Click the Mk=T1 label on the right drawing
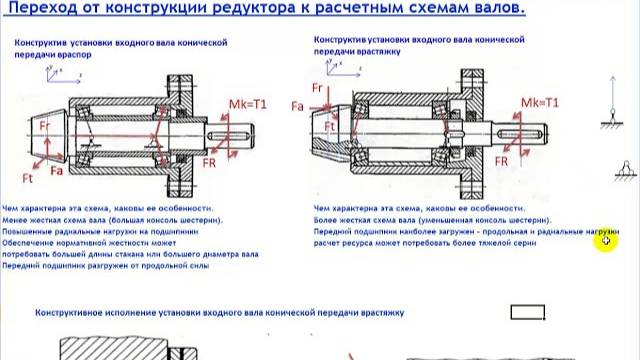[x=540, y=101]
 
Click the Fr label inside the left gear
[x=45, y=126]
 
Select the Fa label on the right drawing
[x=296, y=106]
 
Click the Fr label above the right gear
[x=317, y=87]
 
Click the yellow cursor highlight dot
[x=607, y=243]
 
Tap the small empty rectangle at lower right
[x=526, y=312]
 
